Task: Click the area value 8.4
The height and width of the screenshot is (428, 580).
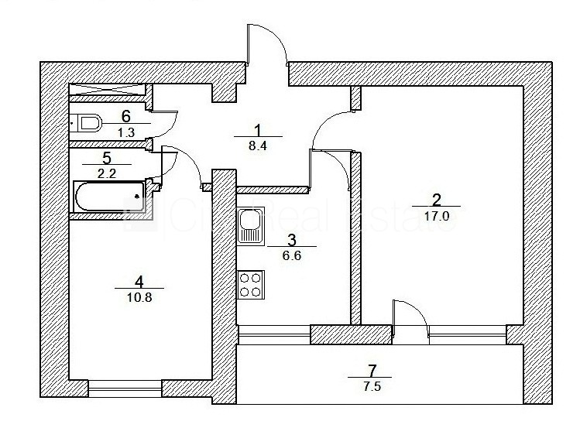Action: pyautogui.click(x=258, y=142)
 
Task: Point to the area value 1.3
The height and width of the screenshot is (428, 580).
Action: pyautogui.click(x=125, y=132)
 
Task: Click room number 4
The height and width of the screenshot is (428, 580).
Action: pyautogui.click(x=139, y=280)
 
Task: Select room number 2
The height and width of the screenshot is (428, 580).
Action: pyautogui.click(x=436, y=198)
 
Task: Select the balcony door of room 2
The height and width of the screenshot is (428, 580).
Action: pyautogui.click(x=410, y=319)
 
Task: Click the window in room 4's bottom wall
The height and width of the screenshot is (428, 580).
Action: pyautogui.click(x=125, y=387)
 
